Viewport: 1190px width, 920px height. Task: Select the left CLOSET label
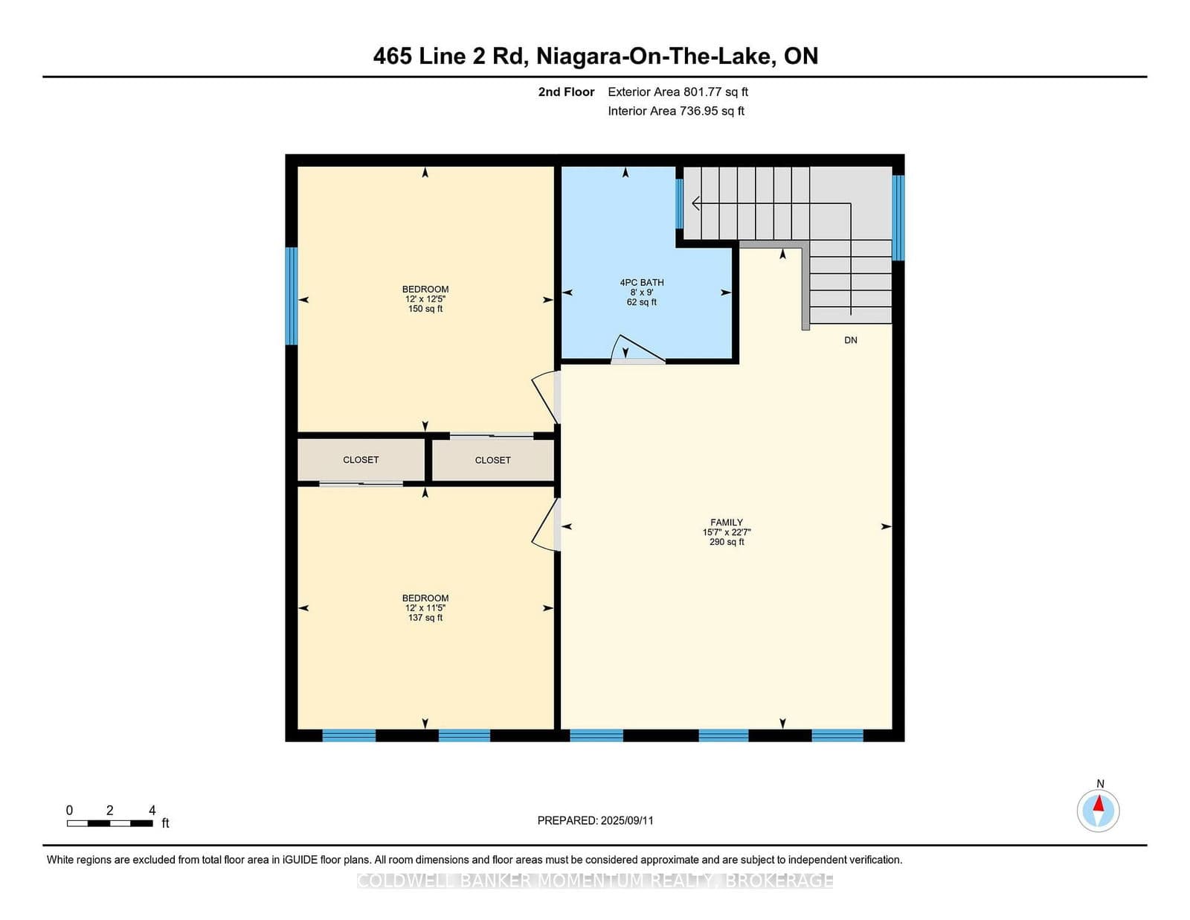tap(361, 460)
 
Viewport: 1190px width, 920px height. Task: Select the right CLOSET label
tap(492, 460)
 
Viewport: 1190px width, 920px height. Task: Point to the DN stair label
tap(850, 340)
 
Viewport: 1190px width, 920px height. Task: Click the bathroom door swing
tap(636, 350)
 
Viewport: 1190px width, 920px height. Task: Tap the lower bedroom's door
tap(545, 526)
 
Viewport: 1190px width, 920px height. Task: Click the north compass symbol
tap(1098, 810)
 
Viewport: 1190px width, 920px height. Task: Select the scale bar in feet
tap(110, 822)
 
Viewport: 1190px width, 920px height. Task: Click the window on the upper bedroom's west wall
tap(292, 296)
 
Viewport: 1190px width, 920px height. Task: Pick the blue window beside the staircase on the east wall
tap(898, 217)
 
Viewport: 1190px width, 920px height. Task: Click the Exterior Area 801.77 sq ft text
tap(678, 92)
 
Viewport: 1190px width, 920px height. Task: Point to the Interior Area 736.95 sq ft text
tap(675, 111)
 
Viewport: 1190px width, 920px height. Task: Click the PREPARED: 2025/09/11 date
tap(595, 820)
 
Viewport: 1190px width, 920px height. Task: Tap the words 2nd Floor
tap(566, 92)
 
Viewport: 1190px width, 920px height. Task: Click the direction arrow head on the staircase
tap(695, 202)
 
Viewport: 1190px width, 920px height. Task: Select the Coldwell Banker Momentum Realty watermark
tap(595, 881)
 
